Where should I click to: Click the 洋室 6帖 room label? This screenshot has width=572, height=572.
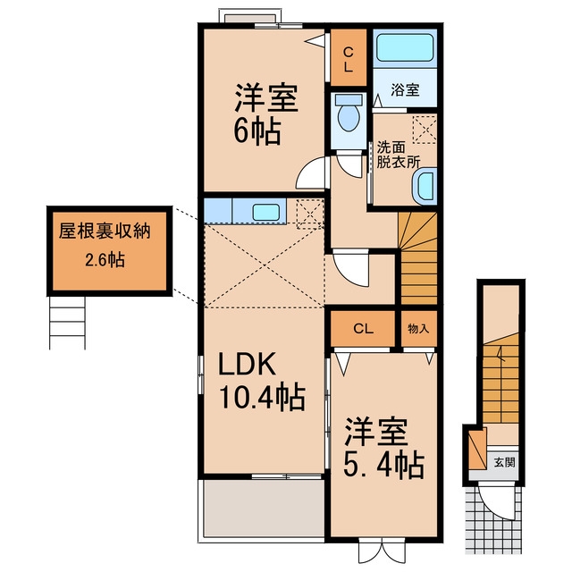tap(265, 114)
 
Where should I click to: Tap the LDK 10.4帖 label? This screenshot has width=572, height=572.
tap(261, 382)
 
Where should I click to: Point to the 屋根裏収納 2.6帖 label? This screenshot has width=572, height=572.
tap(105, 246)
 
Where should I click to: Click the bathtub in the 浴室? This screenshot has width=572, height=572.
tap(405, 47)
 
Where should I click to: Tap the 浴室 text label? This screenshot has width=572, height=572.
tap(405, 89)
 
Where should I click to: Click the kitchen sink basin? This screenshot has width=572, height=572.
tap(266, 212)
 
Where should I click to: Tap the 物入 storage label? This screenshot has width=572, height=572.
tap(418, 329)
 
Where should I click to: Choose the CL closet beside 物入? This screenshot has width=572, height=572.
tap(363, 329)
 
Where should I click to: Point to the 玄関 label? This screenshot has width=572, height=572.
tap(504, 463)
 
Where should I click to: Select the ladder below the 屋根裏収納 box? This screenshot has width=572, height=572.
tap(67, 323)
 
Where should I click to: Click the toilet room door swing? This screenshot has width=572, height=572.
tap(349, 166)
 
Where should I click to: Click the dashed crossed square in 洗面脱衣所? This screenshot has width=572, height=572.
tap(425, 129)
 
